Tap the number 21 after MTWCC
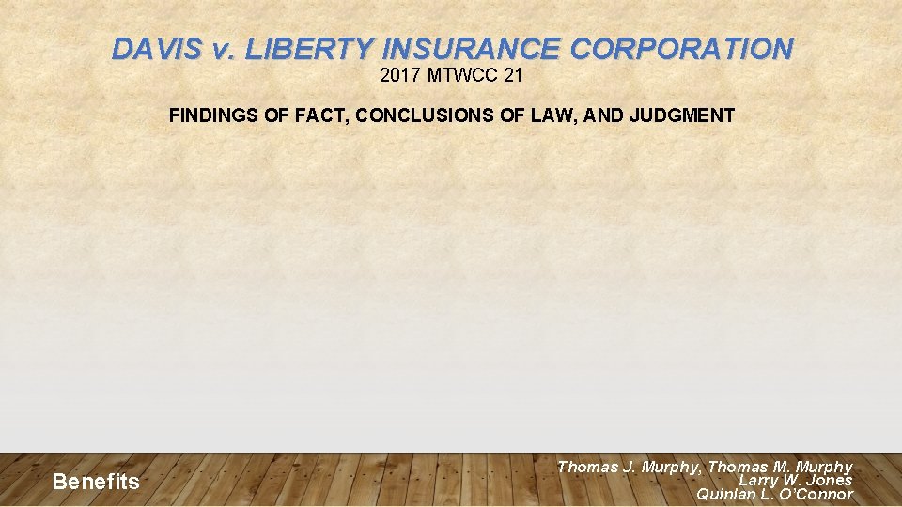(513, 75)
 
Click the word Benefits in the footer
(96, 483)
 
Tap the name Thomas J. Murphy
(629, 467)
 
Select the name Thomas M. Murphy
(780, 467)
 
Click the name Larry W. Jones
(796, 480)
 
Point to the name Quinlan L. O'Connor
(774, 494)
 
